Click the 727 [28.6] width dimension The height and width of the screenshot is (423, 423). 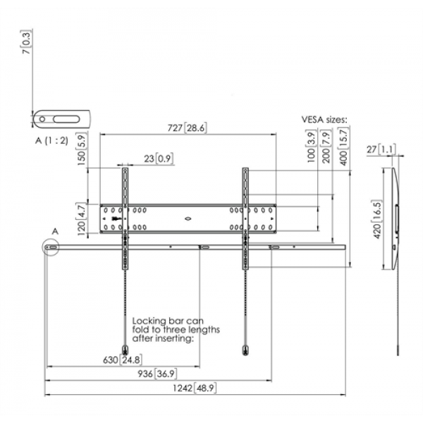click(x=187, y=128)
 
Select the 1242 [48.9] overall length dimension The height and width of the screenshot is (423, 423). click(x=195, y=388)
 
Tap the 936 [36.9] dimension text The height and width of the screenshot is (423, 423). click(x=157, y=374)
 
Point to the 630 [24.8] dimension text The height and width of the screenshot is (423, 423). click(x=123, y=360)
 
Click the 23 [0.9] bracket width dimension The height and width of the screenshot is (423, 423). click(x=159, y=159)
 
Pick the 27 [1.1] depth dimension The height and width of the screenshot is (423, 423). click(x=381, y=149)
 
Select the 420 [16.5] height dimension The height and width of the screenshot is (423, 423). click(x=377, y=219)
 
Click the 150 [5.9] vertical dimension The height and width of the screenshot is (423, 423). click(x=82, y=149)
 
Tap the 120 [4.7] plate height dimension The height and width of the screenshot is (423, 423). click(x=82, y=219)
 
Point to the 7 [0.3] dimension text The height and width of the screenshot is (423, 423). click(x=27, y=42)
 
